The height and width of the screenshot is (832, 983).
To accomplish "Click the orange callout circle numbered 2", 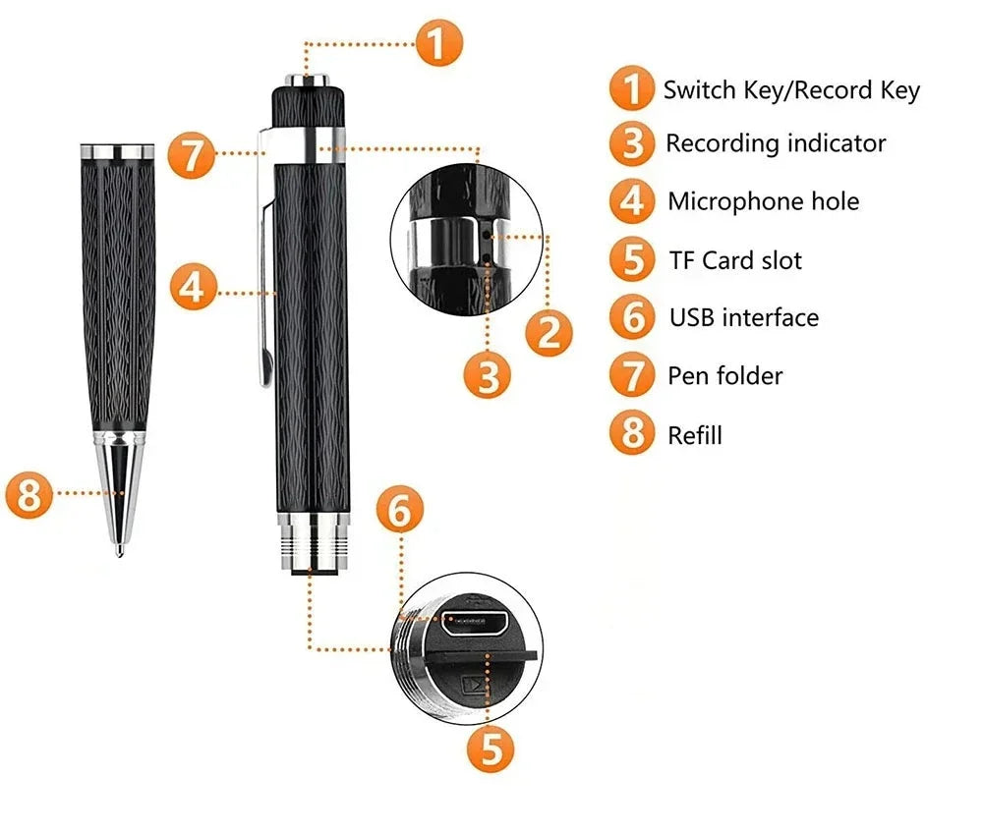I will [549, 331].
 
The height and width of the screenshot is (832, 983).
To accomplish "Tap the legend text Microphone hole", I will [763, 201].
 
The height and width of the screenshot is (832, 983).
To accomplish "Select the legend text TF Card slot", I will [735, 260].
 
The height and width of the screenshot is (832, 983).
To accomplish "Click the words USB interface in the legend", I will [743, 317].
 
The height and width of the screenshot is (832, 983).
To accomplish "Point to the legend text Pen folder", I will [724, 375].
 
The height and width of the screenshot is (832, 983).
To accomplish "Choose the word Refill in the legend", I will [694, 434].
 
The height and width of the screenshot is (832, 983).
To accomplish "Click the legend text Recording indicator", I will [776, 143].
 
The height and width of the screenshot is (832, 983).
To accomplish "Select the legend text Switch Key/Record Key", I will [791, 90].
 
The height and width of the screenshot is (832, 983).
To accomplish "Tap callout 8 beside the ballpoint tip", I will [29, 494].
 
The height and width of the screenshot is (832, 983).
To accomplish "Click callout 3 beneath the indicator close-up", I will [489, 374].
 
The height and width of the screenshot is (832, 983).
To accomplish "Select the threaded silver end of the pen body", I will [313, 545].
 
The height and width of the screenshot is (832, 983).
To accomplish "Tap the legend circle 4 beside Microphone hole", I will [631, 201].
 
